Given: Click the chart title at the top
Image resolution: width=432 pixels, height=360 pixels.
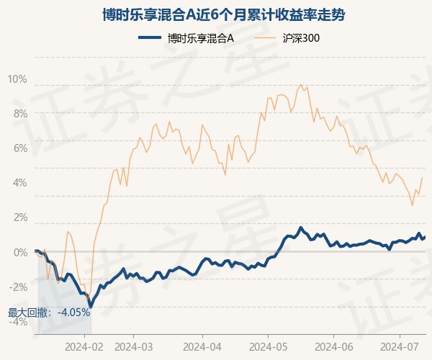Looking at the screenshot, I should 216,14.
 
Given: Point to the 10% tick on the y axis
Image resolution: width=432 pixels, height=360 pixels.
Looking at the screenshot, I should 17,78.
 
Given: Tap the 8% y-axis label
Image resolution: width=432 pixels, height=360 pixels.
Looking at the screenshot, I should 19,113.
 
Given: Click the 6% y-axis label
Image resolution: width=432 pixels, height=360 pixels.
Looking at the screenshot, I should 19,148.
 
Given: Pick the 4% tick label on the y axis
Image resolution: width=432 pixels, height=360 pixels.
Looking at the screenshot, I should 19,182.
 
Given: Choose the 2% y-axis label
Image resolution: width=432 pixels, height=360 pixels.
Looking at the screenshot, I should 19,217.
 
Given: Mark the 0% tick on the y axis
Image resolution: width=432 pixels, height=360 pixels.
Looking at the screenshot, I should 19,252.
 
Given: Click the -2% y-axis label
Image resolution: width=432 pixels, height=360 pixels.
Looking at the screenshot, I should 17,287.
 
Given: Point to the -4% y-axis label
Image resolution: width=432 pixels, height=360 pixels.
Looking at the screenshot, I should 17,321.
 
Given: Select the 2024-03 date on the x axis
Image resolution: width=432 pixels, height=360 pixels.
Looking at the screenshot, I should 135,346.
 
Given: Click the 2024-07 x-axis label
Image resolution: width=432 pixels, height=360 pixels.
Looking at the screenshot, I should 400,346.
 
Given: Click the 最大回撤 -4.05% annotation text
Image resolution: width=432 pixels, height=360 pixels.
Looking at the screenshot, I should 49,312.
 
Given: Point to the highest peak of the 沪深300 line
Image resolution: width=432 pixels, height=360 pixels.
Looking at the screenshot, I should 300,85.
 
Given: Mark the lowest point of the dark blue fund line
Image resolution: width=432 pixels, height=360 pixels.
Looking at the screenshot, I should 90,306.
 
